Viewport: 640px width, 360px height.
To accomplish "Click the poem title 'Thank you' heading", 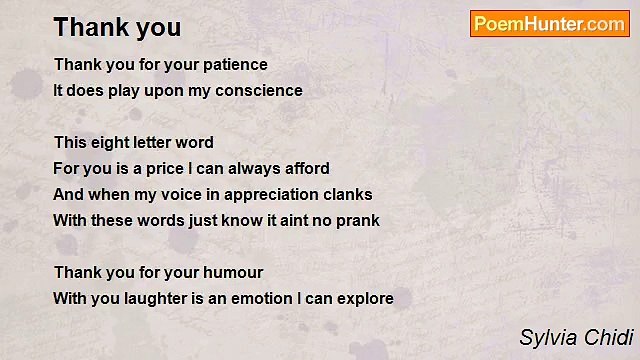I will click(x=117, y=27).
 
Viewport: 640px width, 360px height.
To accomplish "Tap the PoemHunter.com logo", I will click(x=549, y=24).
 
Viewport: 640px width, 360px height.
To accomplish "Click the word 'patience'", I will click(x=236, y=64).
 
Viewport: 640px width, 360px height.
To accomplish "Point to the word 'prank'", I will click(x=357, y=220).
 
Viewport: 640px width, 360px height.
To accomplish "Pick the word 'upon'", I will click(x=174, y=90).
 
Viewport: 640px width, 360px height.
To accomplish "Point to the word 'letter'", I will click(x=151, y=142).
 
